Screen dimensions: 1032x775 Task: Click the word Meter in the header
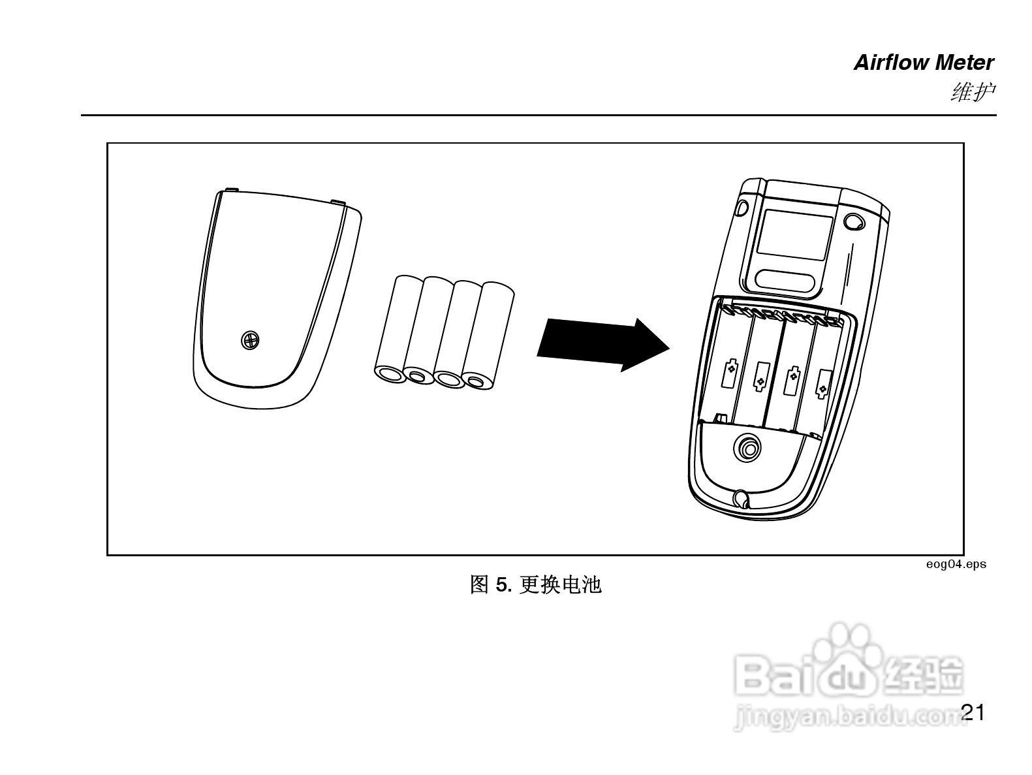pyautogui.click(x=965, y=63)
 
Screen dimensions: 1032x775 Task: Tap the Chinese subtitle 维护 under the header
pyautogui.click(x=973, y=92)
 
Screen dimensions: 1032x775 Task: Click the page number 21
pyautogui.click(x=973, y=712)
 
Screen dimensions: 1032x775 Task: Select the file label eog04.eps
pyautogui.click(x=956, y=564)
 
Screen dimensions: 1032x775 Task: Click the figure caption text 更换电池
pyautogui.click(x=560, y=585)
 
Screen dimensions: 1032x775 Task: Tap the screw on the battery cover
pyautogui.click(x=250, y=340)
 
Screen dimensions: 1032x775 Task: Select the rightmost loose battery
pyautogui.click(x=490, y=336)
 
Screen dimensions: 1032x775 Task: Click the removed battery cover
pyautogui.click(x=274, y=300)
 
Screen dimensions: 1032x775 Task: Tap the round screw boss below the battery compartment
pyautogui.click(x=747, y=449)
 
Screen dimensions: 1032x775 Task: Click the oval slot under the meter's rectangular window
pyautogui.click(x=788, y=280)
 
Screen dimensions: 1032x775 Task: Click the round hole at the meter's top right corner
pyautogui.click(x=853, y=221)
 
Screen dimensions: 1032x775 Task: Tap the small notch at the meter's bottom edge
pyautogui.click(x=740, y=499)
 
